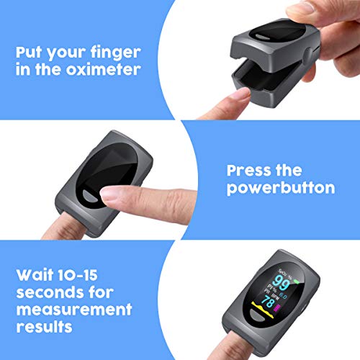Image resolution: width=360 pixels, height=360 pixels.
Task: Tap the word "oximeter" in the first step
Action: (110, 71)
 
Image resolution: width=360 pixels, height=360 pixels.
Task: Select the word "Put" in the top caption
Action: (32, 53)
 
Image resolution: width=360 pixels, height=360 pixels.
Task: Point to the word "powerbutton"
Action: (279, 188)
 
